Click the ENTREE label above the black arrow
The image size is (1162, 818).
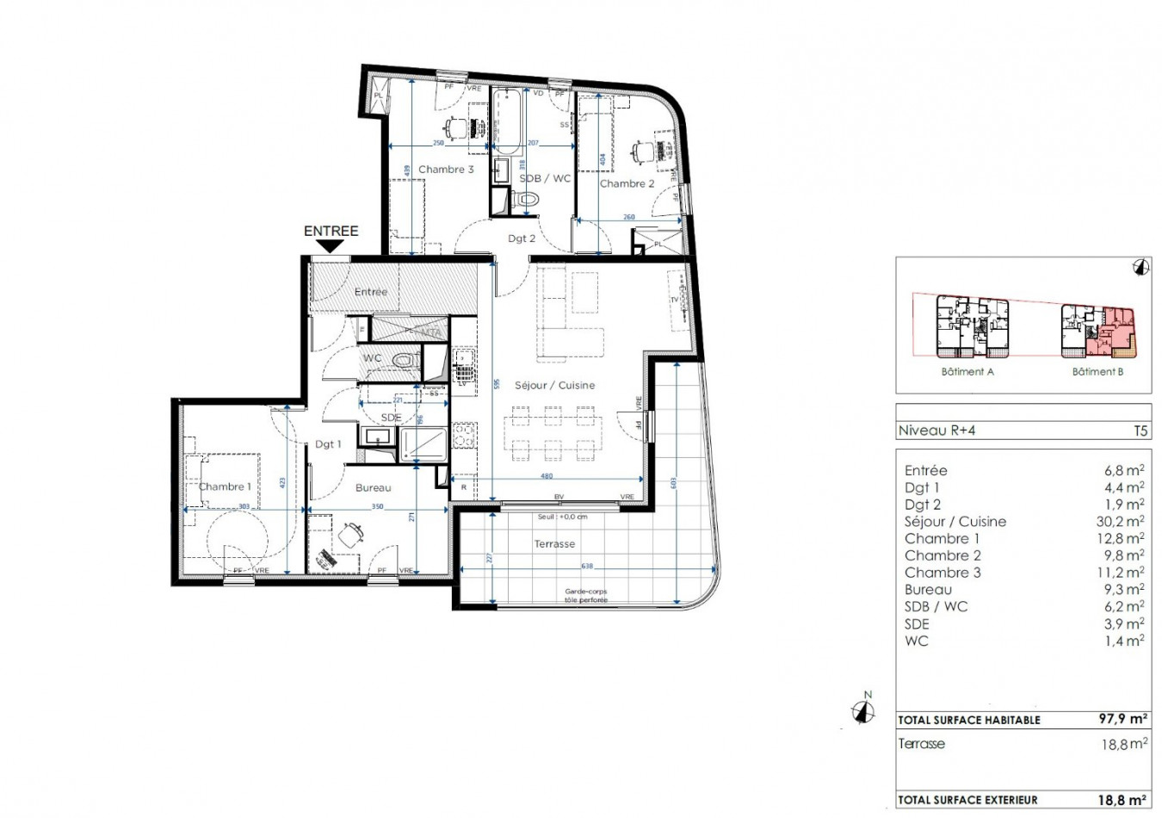(x=331, y=231)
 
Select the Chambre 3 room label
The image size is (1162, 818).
(x=446, y=170)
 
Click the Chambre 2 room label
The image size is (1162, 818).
(x=627, y=183)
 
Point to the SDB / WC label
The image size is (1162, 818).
(x=545, y=178)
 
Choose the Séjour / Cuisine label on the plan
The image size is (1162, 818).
(x=554, y=385)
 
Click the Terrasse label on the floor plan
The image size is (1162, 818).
(x=554, y=543)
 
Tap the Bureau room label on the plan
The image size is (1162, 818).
(x=373, y=487)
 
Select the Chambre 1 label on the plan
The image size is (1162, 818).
(x=225, y=486)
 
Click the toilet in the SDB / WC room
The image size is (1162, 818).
(x=524, y=200)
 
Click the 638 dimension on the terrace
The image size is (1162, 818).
(x=587, y=566)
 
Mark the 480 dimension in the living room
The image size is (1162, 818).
(x=546, y=475)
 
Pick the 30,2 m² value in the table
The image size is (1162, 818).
(x=1120, y=521)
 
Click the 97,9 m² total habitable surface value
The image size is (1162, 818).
(x=1122, y=719)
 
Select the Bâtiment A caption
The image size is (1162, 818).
(x=967, y=372)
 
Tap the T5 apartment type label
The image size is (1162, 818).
(x=1140, y=431)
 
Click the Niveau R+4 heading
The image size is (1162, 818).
(x=936, y=431)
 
